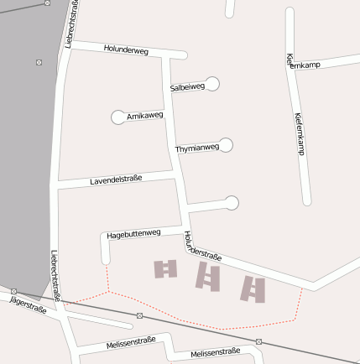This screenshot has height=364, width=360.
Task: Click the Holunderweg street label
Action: coord(126,50)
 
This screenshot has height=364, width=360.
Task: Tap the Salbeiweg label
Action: coord(186,86)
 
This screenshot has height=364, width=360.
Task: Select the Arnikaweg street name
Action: coord(144,115)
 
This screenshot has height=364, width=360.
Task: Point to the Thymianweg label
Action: coord(196,148)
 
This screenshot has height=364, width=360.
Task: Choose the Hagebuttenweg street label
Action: coord(134,234)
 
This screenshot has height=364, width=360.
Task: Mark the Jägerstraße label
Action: coord(28,304)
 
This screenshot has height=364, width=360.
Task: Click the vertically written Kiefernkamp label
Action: coord(299,134)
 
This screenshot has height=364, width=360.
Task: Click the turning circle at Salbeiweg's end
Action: coord(212,83)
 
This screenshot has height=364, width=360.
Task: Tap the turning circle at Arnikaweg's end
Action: coord(117,117)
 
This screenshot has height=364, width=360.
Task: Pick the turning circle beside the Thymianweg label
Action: coord(226,145)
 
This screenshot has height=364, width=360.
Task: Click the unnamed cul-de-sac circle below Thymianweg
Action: coord(232,202)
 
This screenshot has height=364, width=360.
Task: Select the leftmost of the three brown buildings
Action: coord(165,268)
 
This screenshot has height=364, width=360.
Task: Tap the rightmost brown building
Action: coord(253,289)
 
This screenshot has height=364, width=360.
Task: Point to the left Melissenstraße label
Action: coord(131,343)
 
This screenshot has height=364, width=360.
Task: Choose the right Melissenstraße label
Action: coord(215,352)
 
